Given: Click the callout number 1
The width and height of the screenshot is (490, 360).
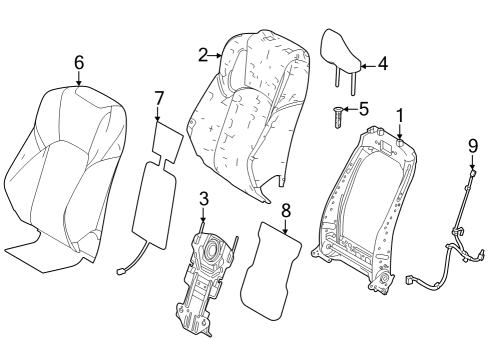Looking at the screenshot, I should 399,117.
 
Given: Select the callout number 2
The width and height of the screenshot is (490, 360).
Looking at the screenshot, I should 203,55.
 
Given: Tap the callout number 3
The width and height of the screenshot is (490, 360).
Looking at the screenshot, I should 203,198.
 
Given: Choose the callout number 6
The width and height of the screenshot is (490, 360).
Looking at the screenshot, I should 79,62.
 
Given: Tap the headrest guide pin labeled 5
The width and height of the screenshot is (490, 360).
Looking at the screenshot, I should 339,119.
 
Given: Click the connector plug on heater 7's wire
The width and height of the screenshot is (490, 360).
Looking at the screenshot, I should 121,267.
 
